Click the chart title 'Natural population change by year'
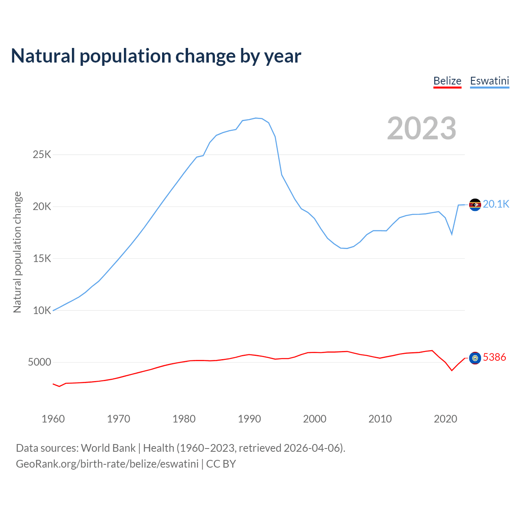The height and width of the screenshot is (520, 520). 156,56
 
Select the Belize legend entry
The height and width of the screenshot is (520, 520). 447,81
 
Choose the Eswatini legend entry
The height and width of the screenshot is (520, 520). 490,81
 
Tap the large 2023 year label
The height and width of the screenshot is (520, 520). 421,128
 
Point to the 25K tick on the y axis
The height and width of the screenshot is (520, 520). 42,155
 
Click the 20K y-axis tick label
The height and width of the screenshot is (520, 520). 42,207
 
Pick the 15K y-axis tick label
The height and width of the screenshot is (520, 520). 42,259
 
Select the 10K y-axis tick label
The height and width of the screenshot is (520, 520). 42,311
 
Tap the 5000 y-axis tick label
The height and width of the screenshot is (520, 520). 39,362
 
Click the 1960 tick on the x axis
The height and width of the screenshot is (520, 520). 53,419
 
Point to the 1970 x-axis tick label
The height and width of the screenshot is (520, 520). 119,419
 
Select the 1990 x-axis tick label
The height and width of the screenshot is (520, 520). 249,419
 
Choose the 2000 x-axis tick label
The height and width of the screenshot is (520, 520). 315,419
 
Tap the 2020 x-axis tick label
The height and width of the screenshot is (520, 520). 446,419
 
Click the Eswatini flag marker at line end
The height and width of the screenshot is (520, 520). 475,204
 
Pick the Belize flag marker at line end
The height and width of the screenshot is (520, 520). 475,358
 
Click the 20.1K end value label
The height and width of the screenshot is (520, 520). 496,204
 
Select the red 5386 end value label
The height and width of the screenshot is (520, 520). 494,357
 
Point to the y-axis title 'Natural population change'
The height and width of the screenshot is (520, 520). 17,252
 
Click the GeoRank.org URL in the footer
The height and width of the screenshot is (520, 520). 107,464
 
